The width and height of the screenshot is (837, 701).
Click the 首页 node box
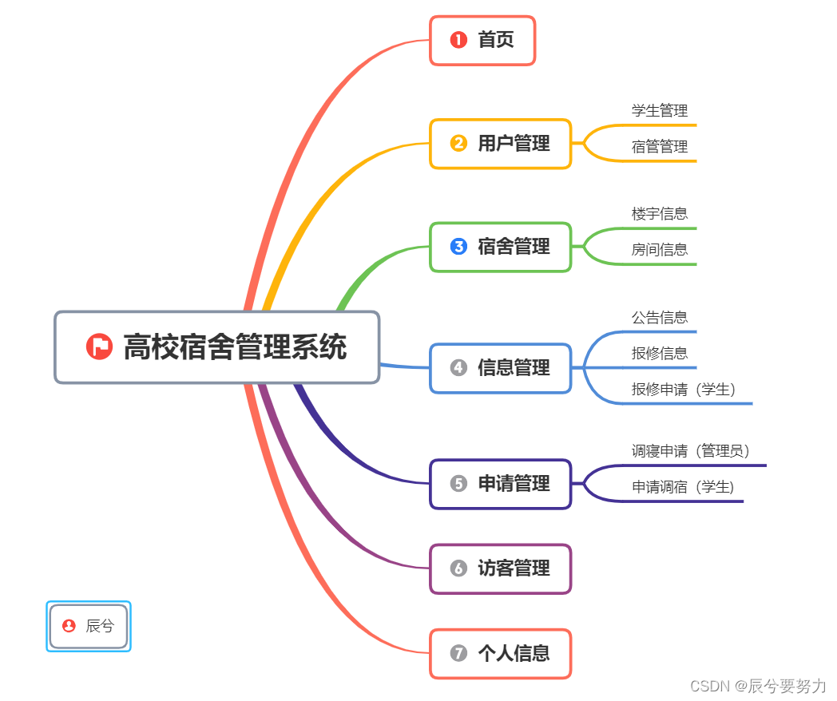click(x=482, y=40)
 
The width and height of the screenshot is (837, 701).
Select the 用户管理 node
click(x=501, y=144)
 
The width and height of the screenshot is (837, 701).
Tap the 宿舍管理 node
click(x=501, y=247)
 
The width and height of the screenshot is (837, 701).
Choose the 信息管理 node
click(x=501, y=368)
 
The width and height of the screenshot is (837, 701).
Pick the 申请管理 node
click(x=501, y=484)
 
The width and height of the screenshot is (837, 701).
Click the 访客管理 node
click(x=501, y=568)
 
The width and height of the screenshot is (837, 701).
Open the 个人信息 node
click(x=501, y=653)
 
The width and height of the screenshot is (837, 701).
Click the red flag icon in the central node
click(x=99, y=347)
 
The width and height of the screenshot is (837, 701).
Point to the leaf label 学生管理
click(x=659, y=110)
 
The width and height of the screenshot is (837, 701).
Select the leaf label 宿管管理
click(x=659, y=147)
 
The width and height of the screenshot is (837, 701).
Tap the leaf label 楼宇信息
click(x=659, y=213)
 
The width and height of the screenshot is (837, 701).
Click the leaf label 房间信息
click(x=659, y=249)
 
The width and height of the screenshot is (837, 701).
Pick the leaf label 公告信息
click(x=659, y=317)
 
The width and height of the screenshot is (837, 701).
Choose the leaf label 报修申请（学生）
click(x=683, y=389)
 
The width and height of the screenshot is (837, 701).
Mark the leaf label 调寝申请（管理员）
click(x=691, y=451)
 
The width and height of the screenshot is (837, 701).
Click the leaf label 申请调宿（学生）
click(x=683, y=486)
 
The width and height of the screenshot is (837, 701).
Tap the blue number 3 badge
click(x=458, y=247)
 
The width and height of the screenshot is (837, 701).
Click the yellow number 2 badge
click(x=458, y=144)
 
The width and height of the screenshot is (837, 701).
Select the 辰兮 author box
click(x=89, y=626)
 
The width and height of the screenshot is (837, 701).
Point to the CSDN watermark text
click(x=758, y=686)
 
